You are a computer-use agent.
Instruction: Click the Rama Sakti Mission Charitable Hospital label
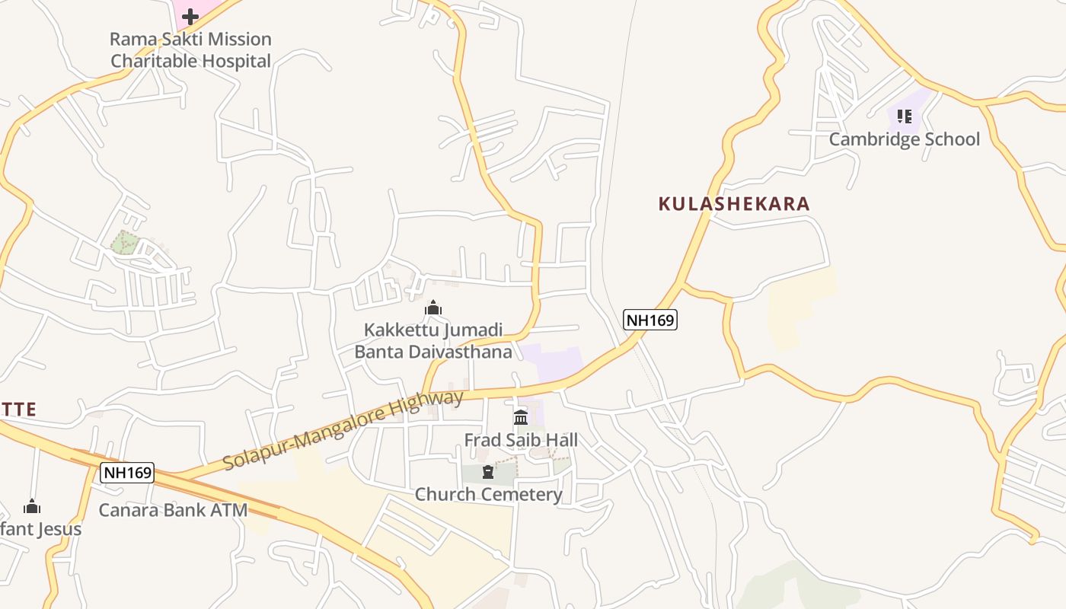190,49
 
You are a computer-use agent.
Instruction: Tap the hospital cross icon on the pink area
190,16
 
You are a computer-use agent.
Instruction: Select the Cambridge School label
904,139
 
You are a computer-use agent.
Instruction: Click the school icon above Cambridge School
904,116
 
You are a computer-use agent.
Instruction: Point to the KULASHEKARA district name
733,204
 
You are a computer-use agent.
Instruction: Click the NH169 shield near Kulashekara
650,320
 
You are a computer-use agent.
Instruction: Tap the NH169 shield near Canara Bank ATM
128,473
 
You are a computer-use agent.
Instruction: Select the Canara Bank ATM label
174,510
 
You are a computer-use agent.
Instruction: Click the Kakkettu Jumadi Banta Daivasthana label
433,340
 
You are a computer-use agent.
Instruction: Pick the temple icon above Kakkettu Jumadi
433,308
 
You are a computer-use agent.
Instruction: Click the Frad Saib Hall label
521,440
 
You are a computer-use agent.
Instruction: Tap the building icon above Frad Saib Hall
521,417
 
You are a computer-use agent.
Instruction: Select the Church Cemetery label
488,495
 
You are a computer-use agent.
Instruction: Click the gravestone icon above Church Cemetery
488,473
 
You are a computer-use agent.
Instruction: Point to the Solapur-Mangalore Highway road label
343,431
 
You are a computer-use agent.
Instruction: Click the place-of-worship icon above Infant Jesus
32,507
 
